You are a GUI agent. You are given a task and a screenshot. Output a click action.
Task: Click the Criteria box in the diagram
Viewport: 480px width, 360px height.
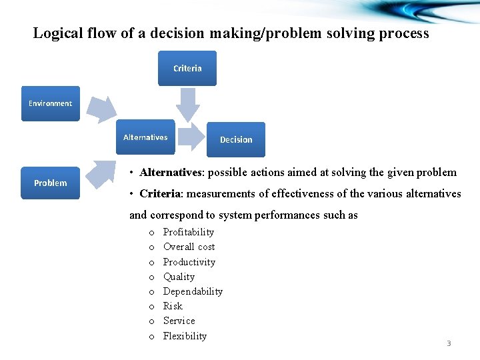coord(187,69)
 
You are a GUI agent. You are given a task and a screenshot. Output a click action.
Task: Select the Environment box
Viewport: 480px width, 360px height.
coord(50,103)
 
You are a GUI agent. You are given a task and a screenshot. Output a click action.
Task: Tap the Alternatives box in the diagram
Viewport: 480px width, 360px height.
coord(145,137)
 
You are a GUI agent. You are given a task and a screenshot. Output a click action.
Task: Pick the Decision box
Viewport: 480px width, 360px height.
coord(236,139)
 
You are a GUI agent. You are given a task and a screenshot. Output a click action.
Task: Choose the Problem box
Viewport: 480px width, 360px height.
coord(50,183)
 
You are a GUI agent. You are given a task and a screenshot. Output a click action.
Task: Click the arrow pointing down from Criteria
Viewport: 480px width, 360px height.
coord(189,104)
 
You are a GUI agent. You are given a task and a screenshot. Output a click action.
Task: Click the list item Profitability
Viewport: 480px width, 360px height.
coord(189,232)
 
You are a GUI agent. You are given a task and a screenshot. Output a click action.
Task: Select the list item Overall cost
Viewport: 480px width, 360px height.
coord(189,247)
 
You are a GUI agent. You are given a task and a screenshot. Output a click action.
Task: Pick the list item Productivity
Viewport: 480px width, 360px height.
coord(189,262)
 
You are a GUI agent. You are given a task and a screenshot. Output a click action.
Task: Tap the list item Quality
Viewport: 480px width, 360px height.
coord(179,277)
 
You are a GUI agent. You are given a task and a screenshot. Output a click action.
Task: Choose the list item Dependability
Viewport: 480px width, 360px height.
coord(193,291)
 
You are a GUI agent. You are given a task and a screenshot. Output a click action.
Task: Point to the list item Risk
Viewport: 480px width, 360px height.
coord(173,306)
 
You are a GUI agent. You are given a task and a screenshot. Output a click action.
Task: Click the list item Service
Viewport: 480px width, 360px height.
coord(179,321)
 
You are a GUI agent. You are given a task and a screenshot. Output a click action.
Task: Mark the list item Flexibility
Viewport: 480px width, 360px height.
coord(185,336)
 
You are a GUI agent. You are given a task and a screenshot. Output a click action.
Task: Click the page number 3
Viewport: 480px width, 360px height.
coord(449,343)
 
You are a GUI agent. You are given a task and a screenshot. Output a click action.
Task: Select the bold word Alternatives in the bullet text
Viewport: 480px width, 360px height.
coord(171,173)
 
